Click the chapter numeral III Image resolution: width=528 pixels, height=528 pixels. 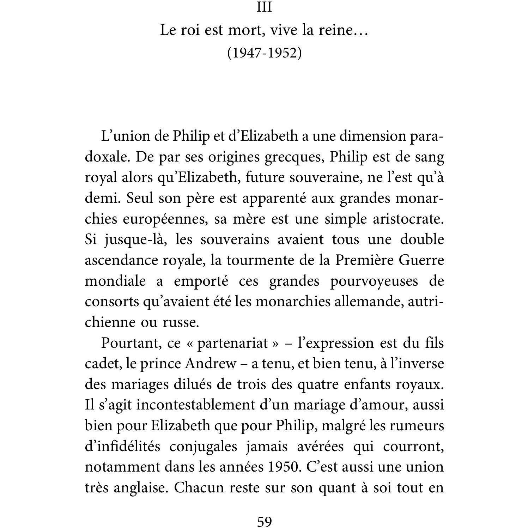(x=264, y=7)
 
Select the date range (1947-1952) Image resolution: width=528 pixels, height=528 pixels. (x=264, y=53)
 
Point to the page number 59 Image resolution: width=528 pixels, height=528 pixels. (x=264, y=521)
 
